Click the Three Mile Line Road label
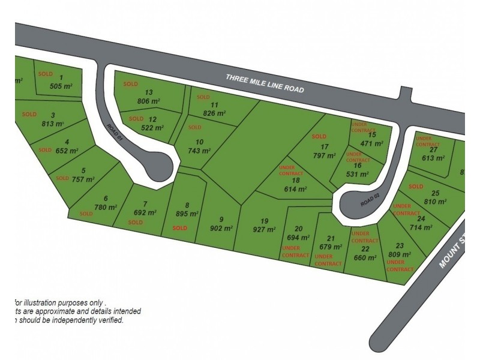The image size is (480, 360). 265,83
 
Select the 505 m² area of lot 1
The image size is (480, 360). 61,86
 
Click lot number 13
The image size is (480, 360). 149,92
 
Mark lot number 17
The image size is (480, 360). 325,146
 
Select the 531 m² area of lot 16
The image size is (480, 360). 357,174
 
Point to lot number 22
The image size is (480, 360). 364,248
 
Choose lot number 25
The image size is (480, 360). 436,193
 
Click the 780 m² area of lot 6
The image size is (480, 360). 105,208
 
